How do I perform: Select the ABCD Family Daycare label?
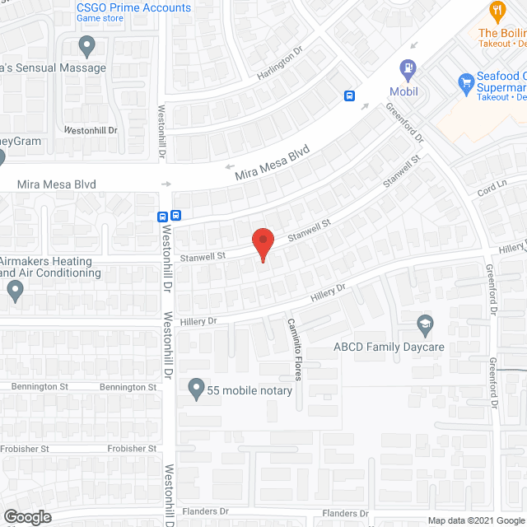389,347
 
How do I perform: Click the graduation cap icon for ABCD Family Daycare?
425,323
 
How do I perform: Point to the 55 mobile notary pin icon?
196,387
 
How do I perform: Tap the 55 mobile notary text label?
250,390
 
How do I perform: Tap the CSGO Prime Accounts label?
133,8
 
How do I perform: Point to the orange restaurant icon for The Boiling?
496,11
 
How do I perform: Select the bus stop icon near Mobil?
350,96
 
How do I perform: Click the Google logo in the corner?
26,517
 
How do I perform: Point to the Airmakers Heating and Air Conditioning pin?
15,289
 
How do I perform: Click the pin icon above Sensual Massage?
86,44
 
